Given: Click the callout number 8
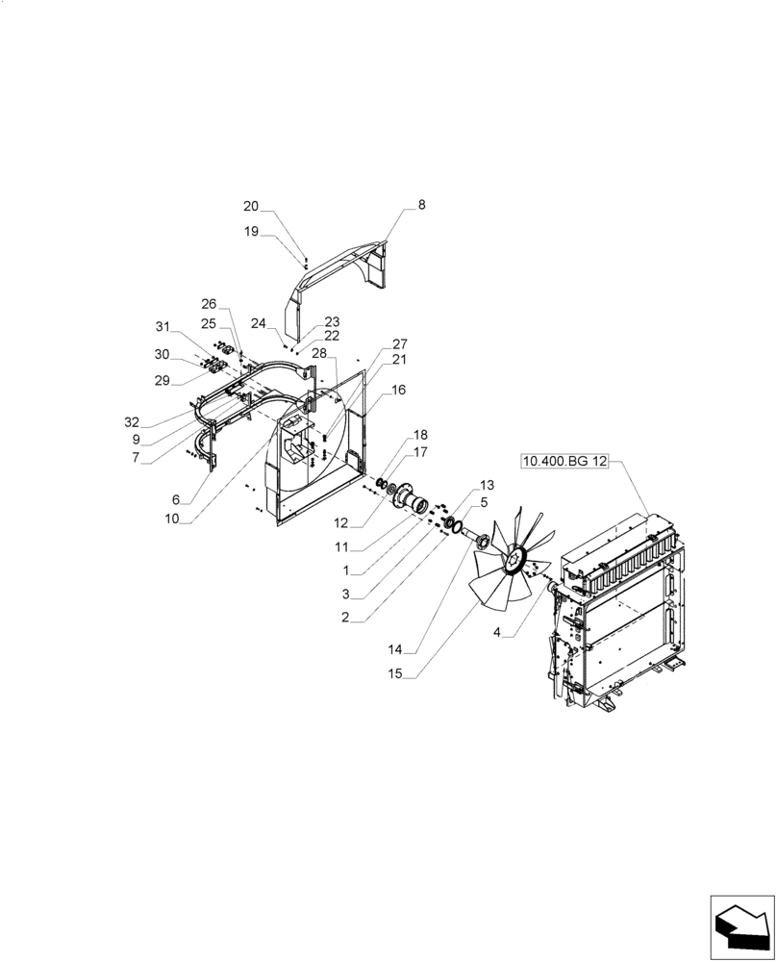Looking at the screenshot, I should [421, 205].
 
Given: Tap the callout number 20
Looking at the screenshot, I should [251, 206].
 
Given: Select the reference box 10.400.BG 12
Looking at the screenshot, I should [565, 462].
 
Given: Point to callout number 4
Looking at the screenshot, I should [497, 632].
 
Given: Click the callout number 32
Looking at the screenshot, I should [132, 421].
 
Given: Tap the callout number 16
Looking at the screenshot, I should [399, 390].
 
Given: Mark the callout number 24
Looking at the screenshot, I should [259, 323].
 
